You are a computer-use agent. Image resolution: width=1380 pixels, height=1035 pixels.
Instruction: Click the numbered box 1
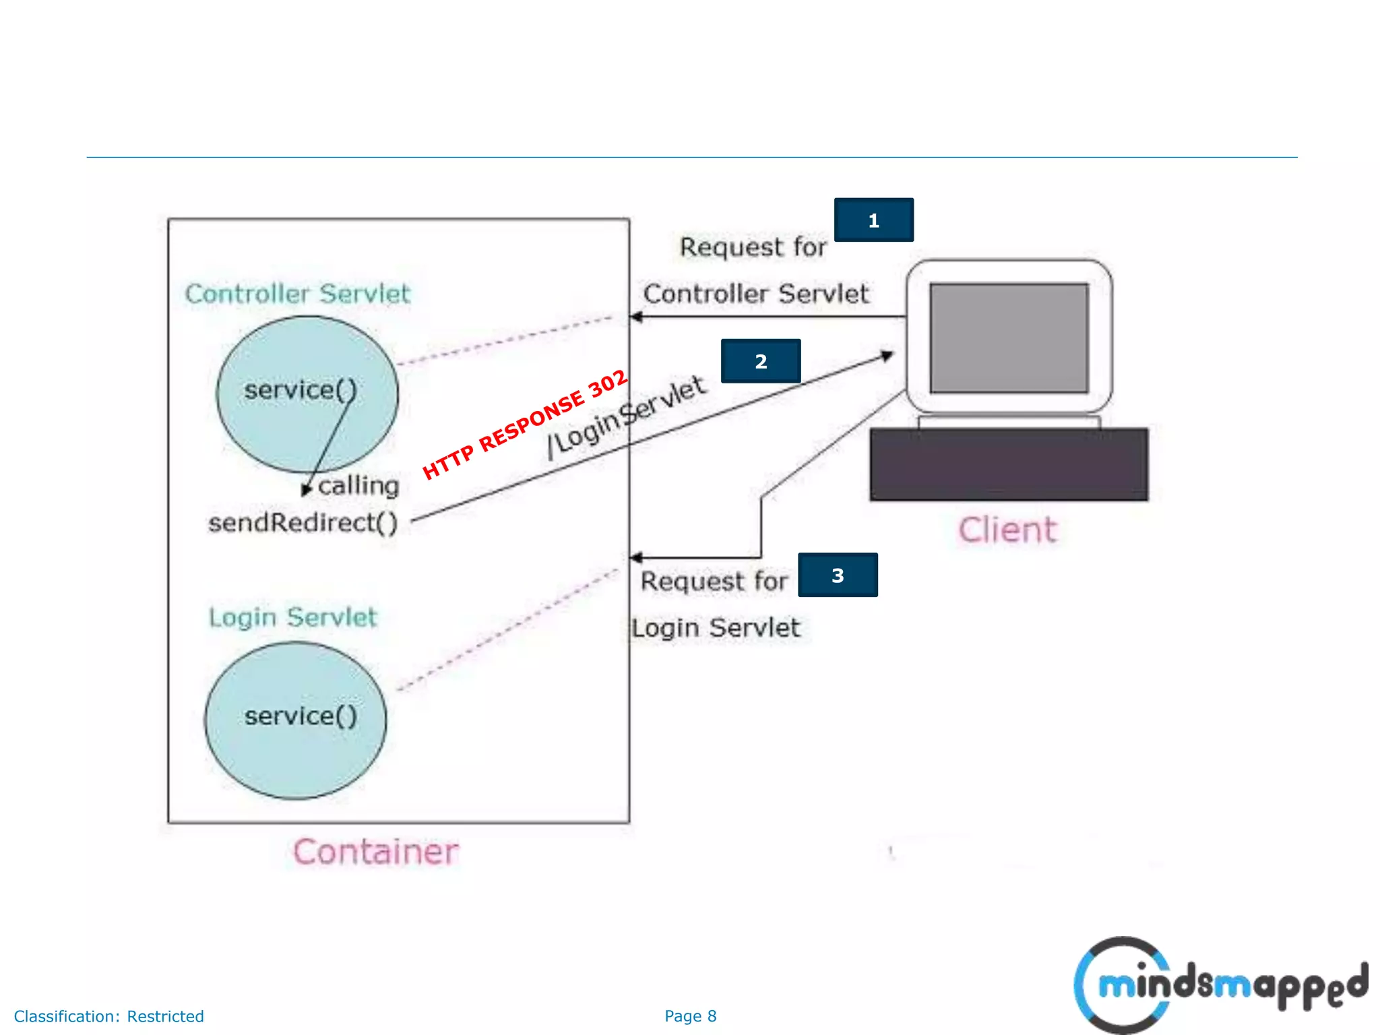[x=873, y=220]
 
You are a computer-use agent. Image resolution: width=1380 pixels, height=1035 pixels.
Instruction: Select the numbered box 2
[x=761, y=361]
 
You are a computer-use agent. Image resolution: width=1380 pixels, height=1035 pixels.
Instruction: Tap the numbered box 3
[x=838, y=575]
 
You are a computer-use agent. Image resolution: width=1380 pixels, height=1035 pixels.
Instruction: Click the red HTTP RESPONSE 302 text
[x=525, y=425]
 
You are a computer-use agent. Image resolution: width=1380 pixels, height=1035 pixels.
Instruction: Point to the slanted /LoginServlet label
[x=627, y=418]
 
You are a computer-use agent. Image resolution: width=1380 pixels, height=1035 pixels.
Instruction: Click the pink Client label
[x=1007, y=530]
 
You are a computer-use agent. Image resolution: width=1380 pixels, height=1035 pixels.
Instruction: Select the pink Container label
[x=376, y=852]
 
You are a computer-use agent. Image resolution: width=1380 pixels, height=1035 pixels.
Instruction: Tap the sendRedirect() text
[x=303, y=522]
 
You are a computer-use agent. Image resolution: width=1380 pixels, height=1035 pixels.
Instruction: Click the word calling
[x=358, y=485]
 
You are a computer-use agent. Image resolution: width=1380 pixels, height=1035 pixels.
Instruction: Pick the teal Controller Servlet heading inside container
[x=297, y=294]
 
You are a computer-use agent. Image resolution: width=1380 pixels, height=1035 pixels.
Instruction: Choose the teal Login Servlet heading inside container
[x=292, y=617]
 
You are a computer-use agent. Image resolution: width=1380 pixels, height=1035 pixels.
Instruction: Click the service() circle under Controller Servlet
[x=307, y=394]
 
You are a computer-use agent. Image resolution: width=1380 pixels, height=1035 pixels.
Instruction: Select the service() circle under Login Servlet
[x=296, y=720]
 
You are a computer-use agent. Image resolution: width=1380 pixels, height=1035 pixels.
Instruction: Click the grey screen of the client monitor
[x=1009, y=338]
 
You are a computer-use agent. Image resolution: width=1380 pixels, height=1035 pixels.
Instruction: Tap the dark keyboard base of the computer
[x=1009, y=464]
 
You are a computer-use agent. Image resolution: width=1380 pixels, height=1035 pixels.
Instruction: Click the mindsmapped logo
[x=1220, y=985]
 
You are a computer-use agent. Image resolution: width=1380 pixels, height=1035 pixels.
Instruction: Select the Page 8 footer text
[x=690, y=1016]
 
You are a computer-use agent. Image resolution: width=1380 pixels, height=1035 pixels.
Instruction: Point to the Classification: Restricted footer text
[x=108, y=1016]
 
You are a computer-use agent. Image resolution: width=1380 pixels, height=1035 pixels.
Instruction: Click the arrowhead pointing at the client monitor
[x=888, y=356]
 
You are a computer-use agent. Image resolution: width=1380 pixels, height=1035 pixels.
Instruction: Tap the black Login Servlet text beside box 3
[x=716, y=628]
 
